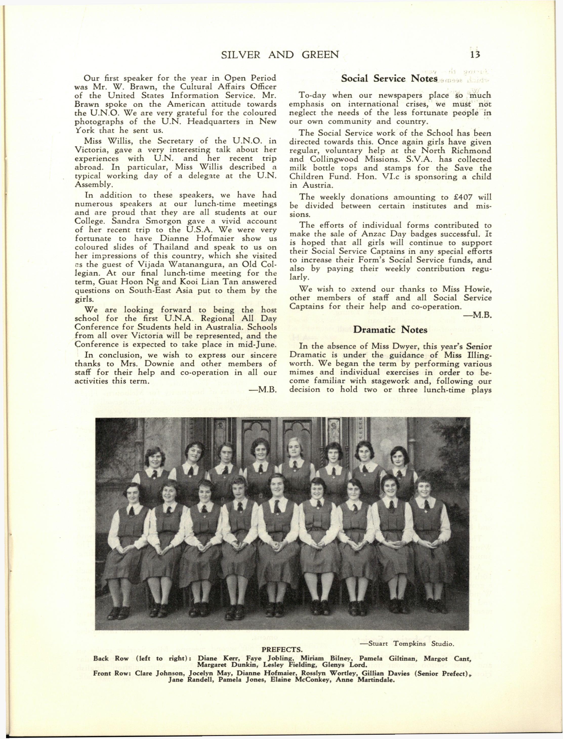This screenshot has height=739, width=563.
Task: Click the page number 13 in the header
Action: point(475,54)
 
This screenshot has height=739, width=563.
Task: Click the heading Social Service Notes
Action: point(389,78)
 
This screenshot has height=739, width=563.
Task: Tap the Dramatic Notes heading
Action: point(390,330)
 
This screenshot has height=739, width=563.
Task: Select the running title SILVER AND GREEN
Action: point(280,54)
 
